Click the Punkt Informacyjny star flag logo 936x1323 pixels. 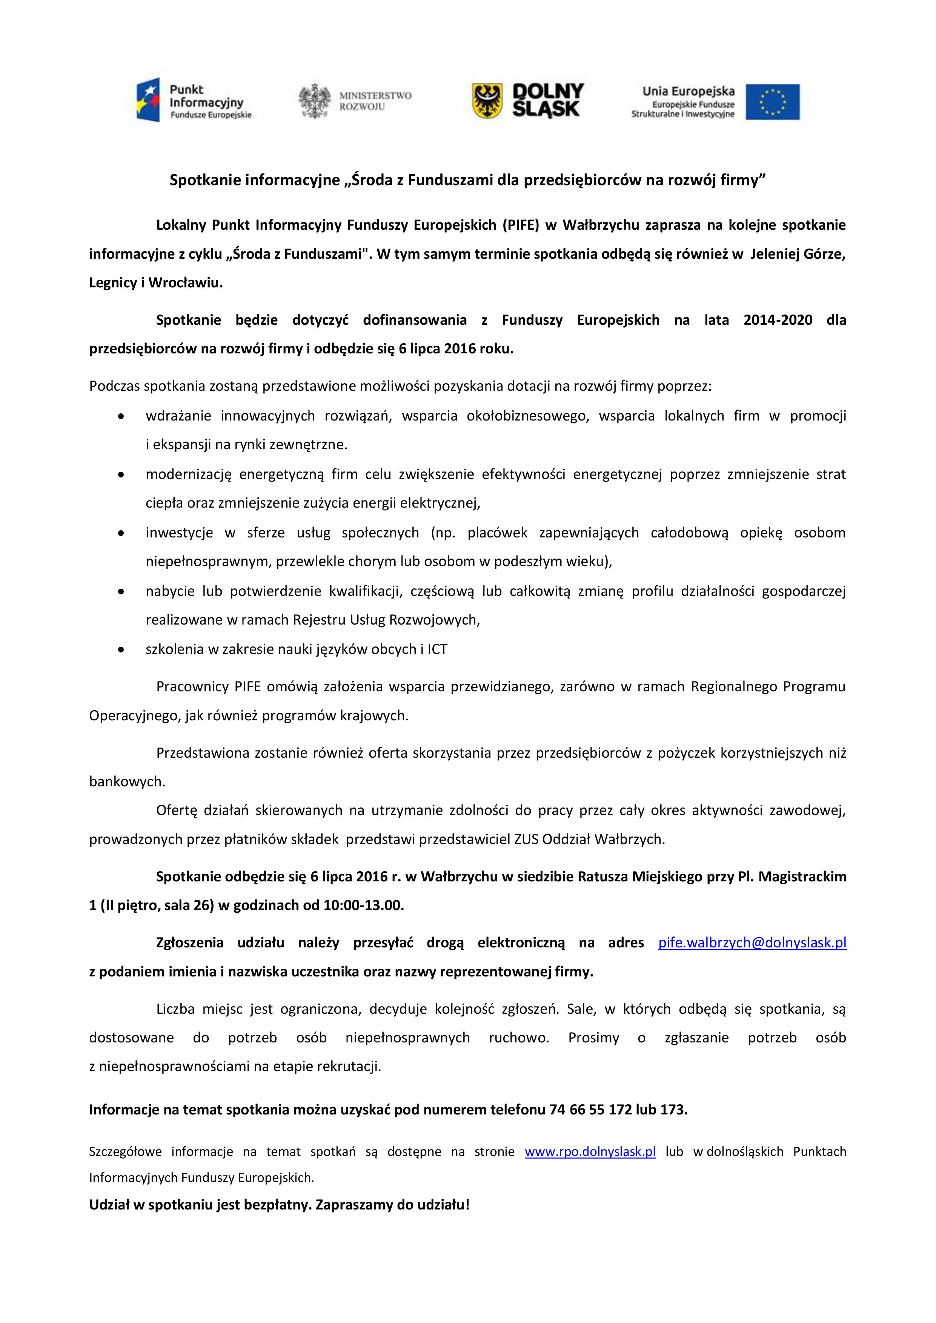[148, 102]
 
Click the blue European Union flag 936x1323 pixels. [772, 102]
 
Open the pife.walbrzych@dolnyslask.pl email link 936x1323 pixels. [752, 943]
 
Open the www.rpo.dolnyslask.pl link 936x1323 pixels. [590, 1151]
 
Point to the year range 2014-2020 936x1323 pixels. [778, 320]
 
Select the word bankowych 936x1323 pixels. [127, 781]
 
